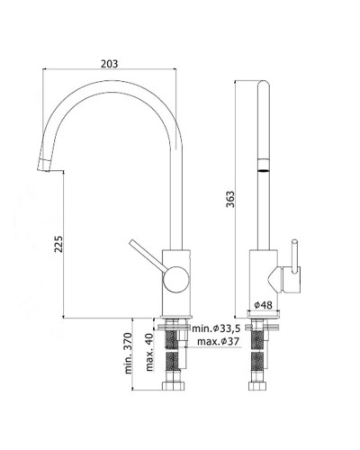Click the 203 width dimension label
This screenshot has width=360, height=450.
[x=110, y=64]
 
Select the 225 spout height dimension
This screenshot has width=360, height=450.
[x=58, y=244]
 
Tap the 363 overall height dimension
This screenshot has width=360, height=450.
[x=230, y=199]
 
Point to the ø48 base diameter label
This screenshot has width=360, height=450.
[x=263, y=305]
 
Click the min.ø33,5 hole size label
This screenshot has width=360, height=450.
[x=216, y=328]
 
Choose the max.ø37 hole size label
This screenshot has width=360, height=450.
[x=218, y=341]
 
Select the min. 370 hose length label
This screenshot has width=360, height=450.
[x=128, y=353]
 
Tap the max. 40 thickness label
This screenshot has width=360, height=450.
[x=149, y=352]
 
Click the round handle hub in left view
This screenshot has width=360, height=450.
[x=176, y=279]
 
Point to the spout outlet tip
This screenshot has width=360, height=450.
[x=44, y=166]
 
